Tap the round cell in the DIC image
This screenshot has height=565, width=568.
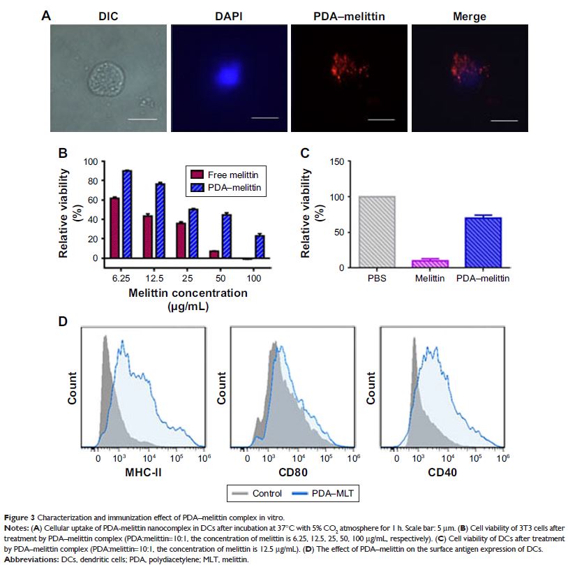(x=106, y=84)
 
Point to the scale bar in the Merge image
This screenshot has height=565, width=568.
(x=509, y=121)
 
